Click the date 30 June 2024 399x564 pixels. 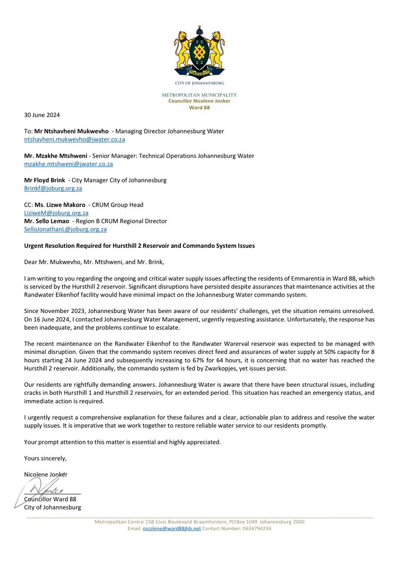click(42, 115)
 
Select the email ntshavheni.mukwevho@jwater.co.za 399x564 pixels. click(74, 140)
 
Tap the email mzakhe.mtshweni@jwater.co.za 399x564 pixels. click(68, 164)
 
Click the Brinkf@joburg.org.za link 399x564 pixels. click(53, 188)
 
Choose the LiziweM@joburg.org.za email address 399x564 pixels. click(56, 213)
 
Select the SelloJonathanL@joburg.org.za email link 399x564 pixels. click(65, 229)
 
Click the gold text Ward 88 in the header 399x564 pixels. click(200, 107)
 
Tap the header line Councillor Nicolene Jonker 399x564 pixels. click(200, 101)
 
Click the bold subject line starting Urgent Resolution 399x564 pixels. click(139, 246)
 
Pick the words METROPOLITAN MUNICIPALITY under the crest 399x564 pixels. click(199, 95)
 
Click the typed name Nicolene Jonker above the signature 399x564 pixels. click(46, 474)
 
